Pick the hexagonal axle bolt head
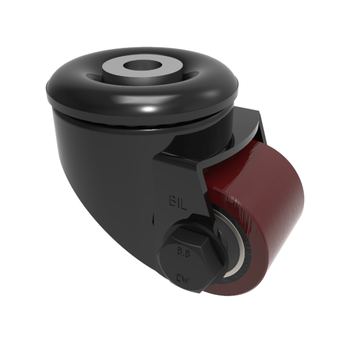(187, 252)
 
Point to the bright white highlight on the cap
(148, 109)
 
